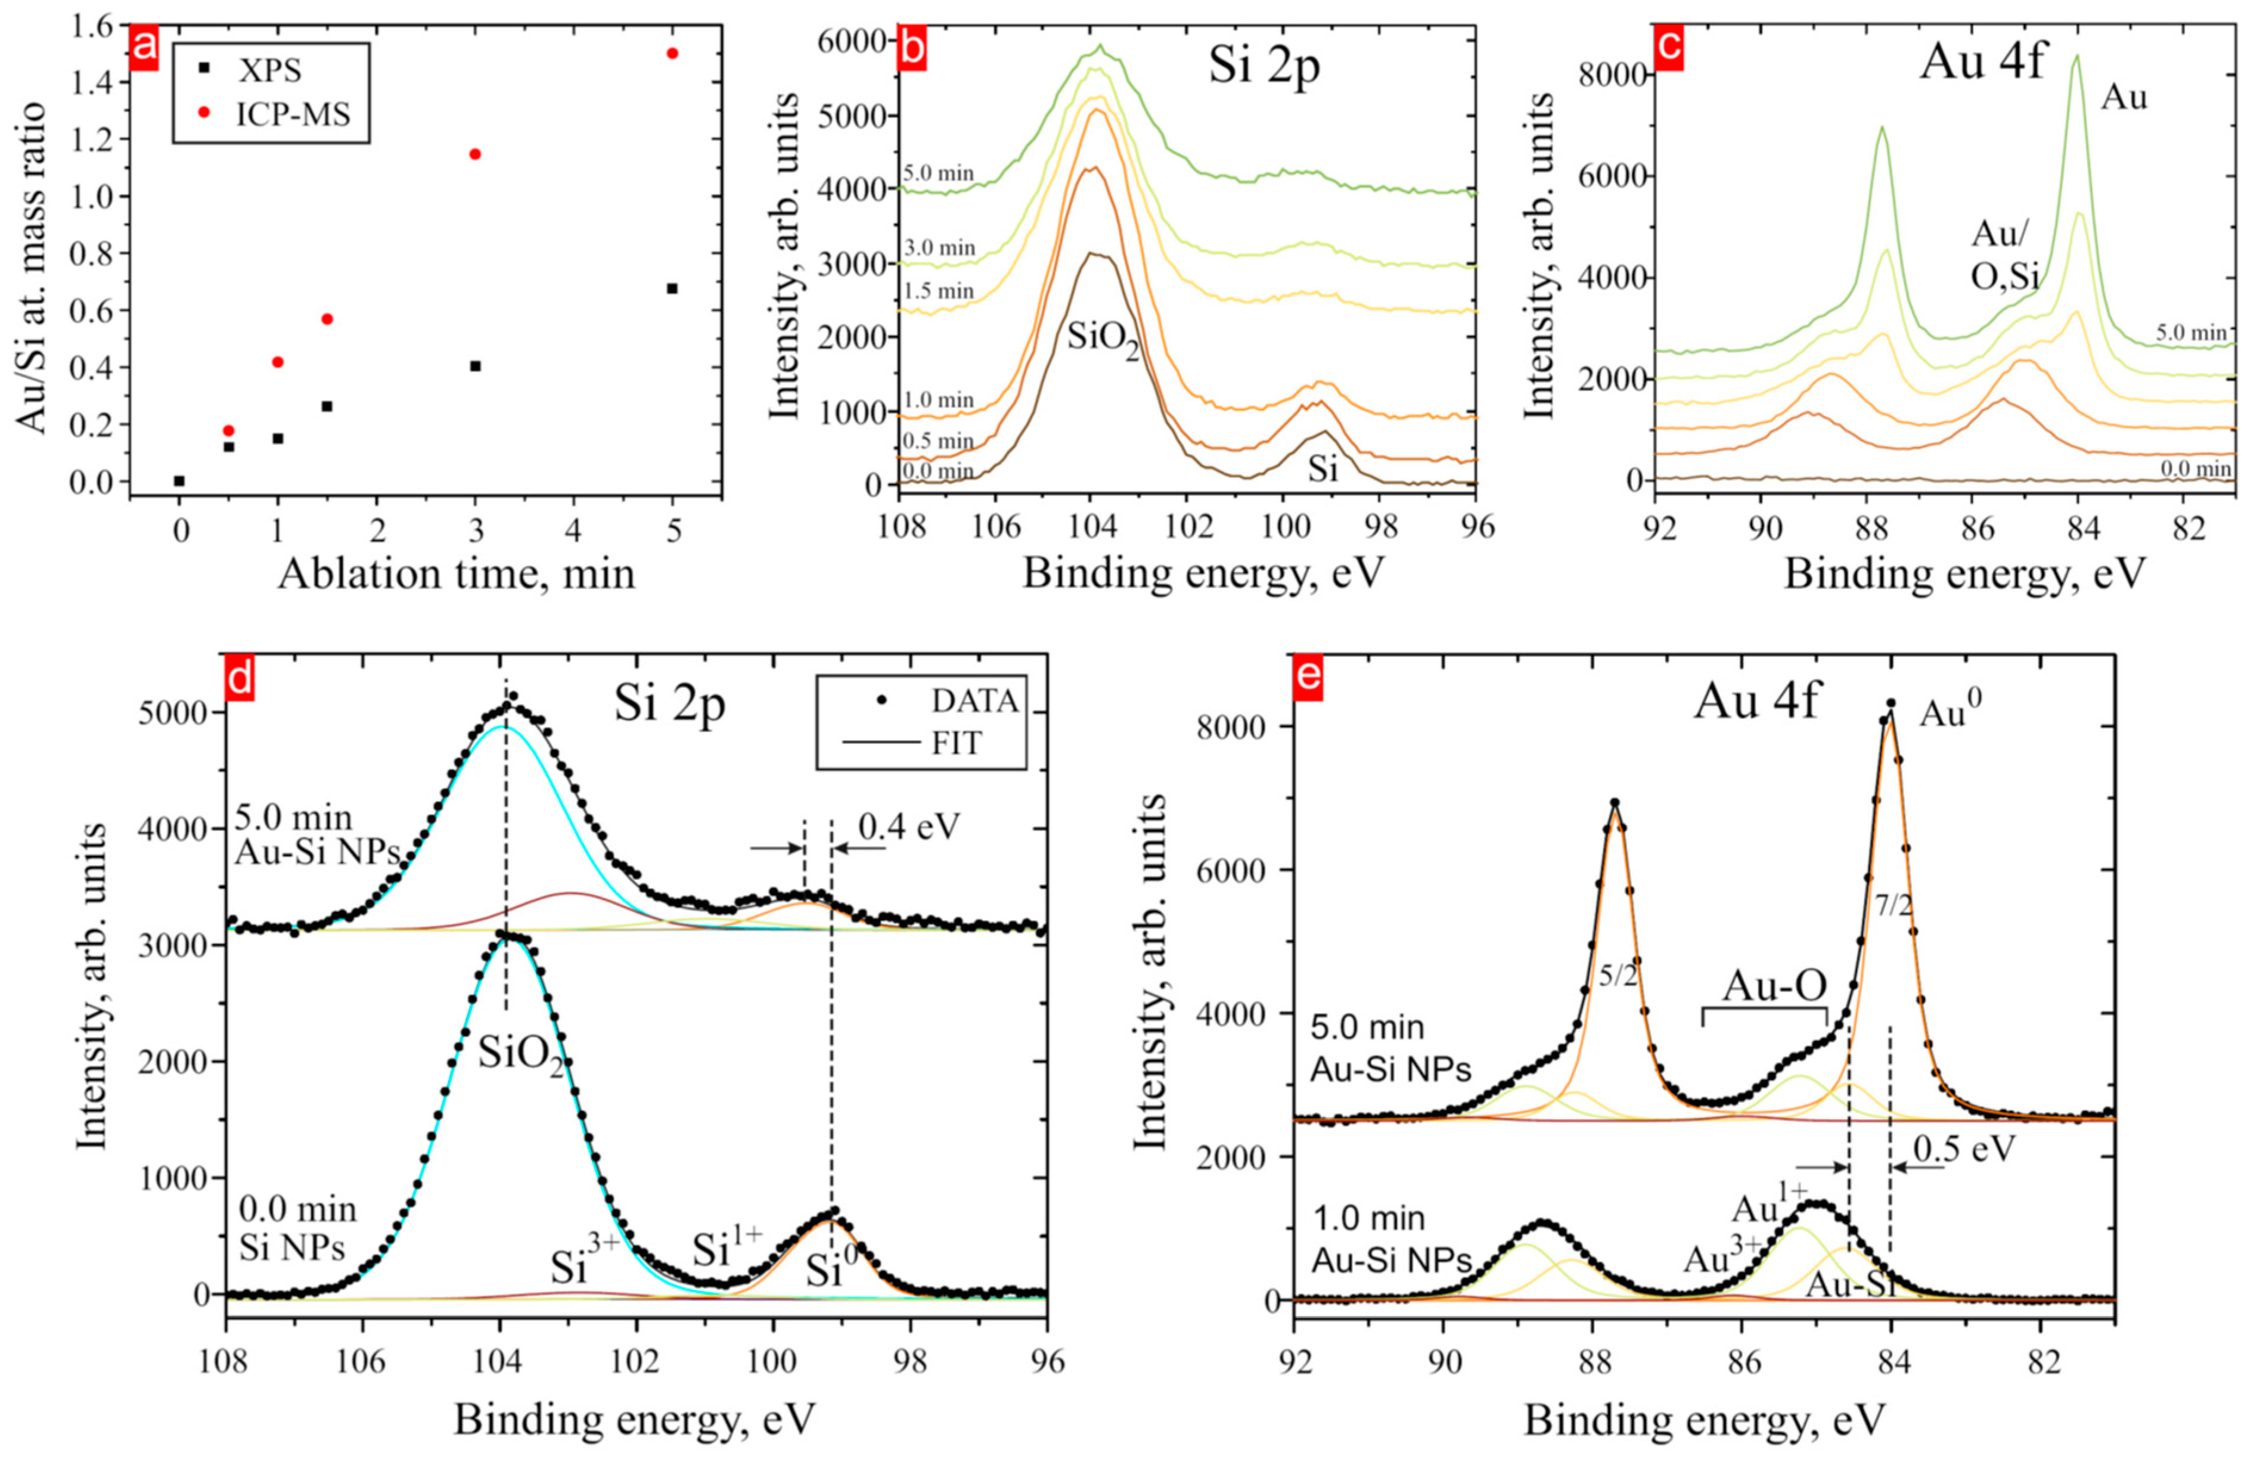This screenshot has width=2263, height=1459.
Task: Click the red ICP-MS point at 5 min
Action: pos(672,53)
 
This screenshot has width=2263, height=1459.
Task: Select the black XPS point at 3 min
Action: pos(476,366)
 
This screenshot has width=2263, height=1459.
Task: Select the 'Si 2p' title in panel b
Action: pos(1264,70)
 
